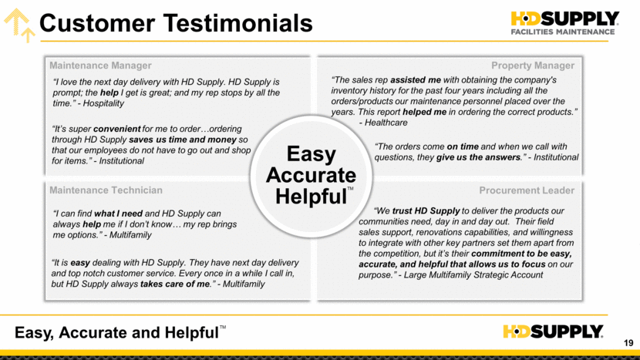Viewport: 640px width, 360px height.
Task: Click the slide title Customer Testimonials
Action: point(176,23)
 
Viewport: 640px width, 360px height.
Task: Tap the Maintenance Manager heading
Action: point(100,66)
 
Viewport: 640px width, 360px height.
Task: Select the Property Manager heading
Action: point(533,66)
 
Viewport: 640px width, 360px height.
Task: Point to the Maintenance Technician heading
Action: point(106,190)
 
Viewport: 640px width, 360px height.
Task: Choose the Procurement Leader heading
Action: point(527,190)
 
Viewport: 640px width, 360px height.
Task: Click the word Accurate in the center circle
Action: point(311,175)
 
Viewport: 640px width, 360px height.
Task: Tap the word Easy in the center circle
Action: point(311,154)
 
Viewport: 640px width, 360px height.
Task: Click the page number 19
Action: point(628,343)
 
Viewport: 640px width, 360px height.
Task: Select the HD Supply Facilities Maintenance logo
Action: point(565,23)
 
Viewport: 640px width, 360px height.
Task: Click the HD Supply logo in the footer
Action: point(553,331)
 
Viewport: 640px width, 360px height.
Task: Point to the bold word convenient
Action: point(116,129)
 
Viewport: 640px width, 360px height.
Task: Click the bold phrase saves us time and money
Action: point(183,140)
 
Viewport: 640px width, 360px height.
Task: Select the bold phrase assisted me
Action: point(416,80)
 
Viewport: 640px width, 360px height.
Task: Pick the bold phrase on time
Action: point(463,146)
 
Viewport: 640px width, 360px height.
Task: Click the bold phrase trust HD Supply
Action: point(426,211)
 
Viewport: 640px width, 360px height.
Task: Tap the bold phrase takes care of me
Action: point(176,284)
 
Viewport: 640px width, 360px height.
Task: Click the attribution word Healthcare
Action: point(386,123)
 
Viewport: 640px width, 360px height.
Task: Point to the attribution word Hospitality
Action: point(103,103)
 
